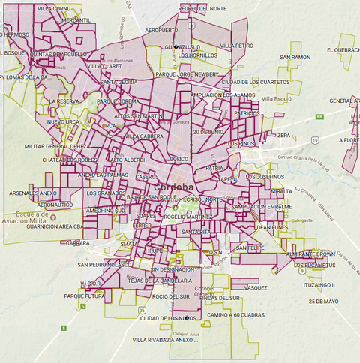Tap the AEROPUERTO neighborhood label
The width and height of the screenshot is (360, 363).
click(x=162, y=30)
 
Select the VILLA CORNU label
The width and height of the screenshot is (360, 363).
click(x=53, y=7)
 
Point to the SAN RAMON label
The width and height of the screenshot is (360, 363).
click(x=295, y=57)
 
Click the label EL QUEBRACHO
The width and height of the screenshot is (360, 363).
click(x=343, y=49)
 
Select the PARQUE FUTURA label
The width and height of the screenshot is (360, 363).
click(x=84, y=295)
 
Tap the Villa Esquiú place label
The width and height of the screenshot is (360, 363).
click(x=277, y=98)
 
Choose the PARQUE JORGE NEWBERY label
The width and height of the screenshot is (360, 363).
click(x=186, y=74)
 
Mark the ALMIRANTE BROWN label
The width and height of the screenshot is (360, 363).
click(x=311, y=254)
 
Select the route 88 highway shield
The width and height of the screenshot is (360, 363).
click(x=319, y=117)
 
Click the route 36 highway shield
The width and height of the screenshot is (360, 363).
click(x=142, y=309)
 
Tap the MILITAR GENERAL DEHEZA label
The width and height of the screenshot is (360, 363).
click(x=57, y=147)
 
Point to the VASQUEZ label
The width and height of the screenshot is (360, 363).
click(x=255, y=287)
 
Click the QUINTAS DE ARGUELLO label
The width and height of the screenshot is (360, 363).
click(x=59, y=53)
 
